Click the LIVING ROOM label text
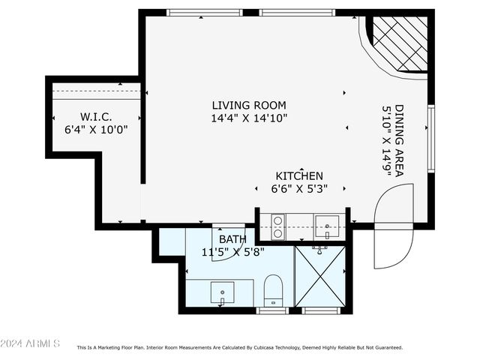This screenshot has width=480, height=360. [x=248, y=105]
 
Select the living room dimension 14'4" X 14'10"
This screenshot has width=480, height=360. [x=248, y=118]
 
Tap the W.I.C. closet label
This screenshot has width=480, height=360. [x=95, y=116]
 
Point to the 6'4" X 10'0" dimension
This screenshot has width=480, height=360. [x=95, y=129]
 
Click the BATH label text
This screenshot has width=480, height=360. [x=232, y=239]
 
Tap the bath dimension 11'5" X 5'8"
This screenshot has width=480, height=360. [x=232, y=252]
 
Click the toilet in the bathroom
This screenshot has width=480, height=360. [x=273, y=291]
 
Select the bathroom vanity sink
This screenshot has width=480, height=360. [x=222, y=292]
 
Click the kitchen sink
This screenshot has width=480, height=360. [x=327, y=225]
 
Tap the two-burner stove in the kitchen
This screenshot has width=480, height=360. [x=277, y=226]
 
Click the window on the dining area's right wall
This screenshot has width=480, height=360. [x=430, y=139]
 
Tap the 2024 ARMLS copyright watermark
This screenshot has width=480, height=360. [x=31, y=343]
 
